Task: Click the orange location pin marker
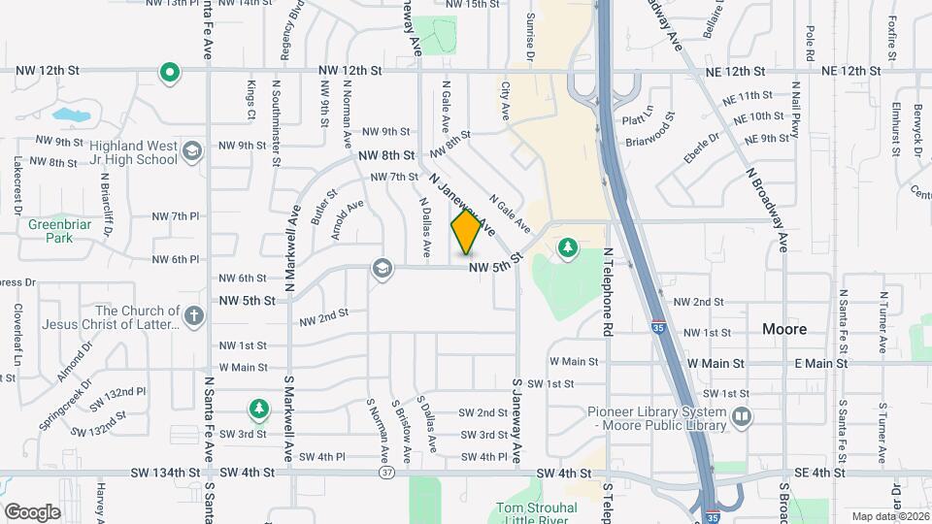[466, 232]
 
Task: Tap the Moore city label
[783, 330]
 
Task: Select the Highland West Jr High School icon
[192, 149]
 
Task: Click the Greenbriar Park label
[50, 230]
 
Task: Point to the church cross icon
[194, 315]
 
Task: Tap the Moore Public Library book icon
[743, 416]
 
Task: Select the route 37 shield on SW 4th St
[385, 473]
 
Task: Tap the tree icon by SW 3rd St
[257, 409]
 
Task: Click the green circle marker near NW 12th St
[170, 73]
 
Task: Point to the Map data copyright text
[887, 515]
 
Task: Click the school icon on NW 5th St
[383, 269]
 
